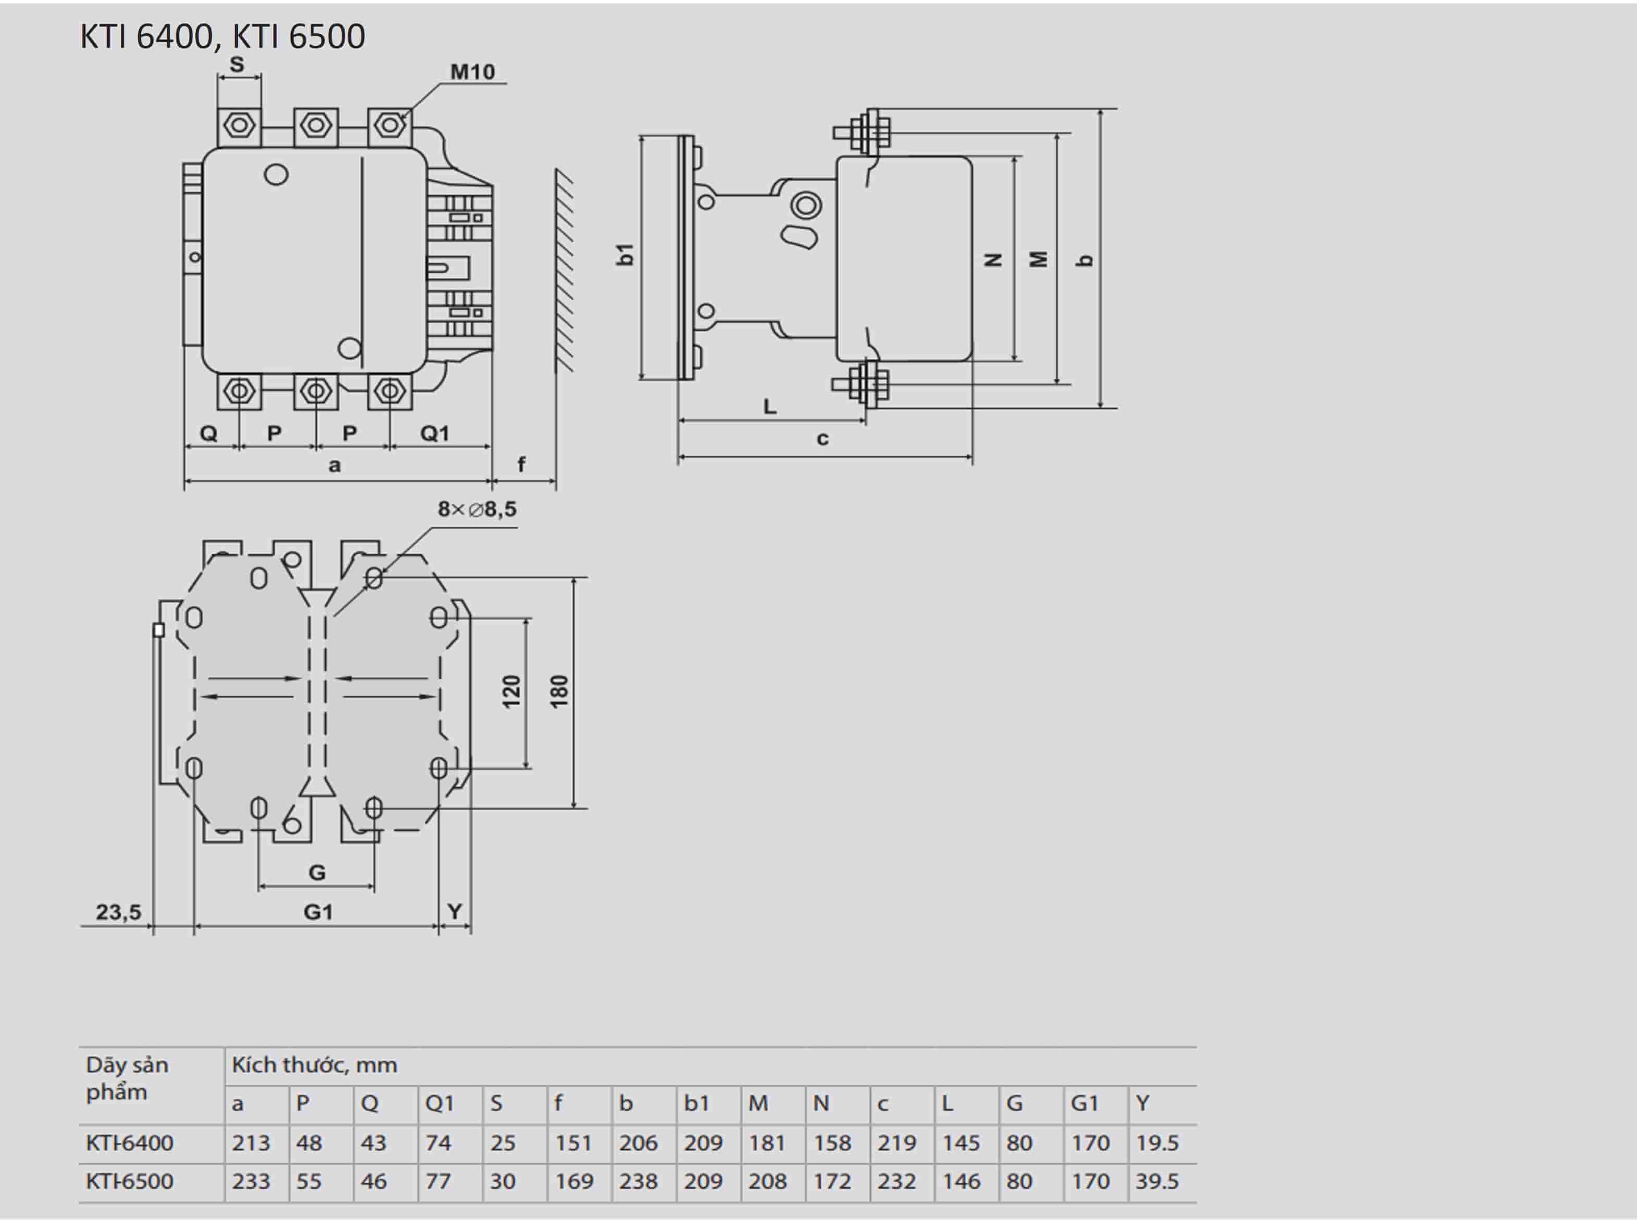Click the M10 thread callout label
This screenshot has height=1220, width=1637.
pyautogui.click(x=473, y=72)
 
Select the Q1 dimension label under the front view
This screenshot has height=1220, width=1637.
pyautogui.click(x=434, y=434)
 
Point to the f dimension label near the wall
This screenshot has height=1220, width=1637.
pyautogui.click(x=521, y=464)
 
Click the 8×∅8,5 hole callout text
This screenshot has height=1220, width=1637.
pyautogui.click(x=477, y=509)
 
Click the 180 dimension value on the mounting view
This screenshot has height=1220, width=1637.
pyautogui.click(x=559, y=692)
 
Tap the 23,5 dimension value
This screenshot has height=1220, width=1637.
pyautogui.click(x=118, y=912)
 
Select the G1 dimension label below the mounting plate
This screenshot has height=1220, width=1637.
pyautogui.click(x=318, y=912)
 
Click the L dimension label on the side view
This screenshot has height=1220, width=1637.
pyautogui.click(x=770, y=406)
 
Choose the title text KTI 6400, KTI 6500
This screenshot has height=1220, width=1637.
pyautogui.click(x=222, y=36)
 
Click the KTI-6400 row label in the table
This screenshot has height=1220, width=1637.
pyautogui.click(x=129, y=1142)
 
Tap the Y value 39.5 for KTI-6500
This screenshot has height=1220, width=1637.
pyautogui.click(x=1157, y=1181)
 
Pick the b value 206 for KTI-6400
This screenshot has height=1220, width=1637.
pyautogui.click(x=638, y=1142)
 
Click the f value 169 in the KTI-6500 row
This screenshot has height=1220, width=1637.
pyautogui.click(x=574, y=1181)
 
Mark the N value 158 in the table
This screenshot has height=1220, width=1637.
pyautogui.click(x=832, y=1142)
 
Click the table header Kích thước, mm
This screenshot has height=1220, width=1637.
pyautogui.click(x=315, y=1065)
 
